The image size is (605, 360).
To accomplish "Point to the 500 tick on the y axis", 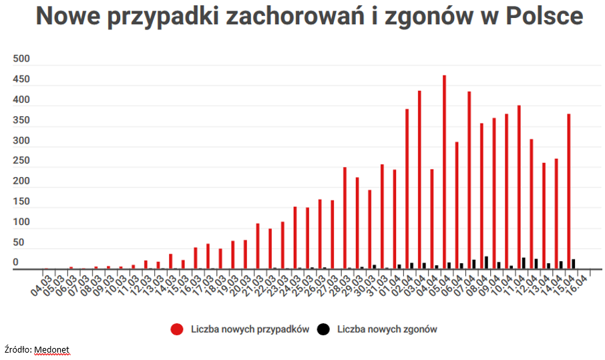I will click(22, 59).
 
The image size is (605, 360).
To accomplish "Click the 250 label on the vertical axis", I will click(22, 162).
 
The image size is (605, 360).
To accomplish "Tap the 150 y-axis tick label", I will click(22, 202).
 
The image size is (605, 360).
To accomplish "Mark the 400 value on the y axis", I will click(22, 100).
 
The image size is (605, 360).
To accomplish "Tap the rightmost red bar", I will click(568, 191).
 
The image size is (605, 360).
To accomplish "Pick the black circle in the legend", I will click(323, 329).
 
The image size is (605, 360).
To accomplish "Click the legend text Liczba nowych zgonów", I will click(387, 329).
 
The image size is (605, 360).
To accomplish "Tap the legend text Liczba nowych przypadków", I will click(249, 329).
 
